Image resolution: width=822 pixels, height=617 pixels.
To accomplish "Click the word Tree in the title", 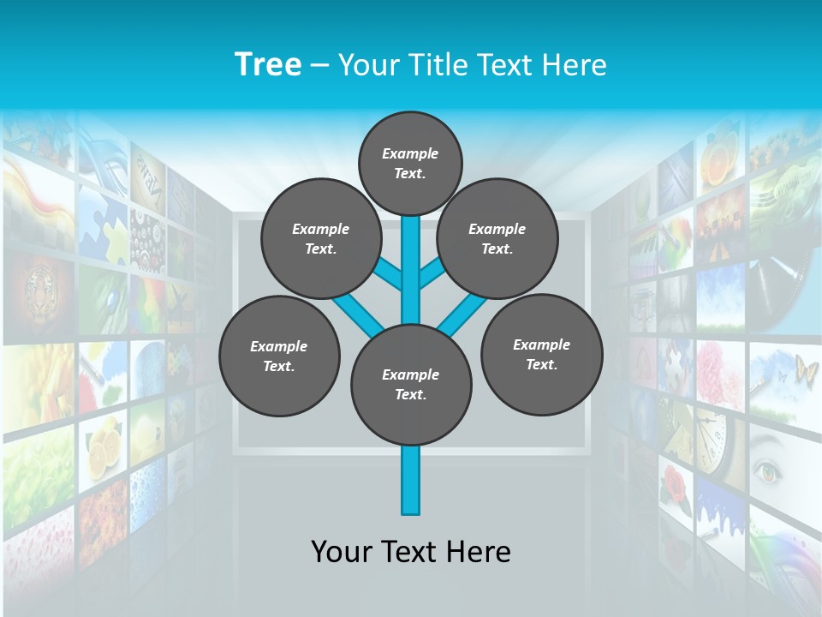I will (268, 64).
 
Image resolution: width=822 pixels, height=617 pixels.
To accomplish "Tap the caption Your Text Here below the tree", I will (411, 552).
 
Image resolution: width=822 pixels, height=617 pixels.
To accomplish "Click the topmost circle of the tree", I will (410, 163).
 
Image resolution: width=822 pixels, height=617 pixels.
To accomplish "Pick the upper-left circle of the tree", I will (320, 238).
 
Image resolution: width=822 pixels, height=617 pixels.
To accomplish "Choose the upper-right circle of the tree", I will (497, 238).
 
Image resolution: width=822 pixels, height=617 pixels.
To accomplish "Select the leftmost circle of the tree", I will (279, 356).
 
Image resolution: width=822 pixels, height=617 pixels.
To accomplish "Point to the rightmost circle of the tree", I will (541, 354).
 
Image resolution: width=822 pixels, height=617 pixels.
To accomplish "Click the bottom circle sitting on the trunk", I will (411, 384).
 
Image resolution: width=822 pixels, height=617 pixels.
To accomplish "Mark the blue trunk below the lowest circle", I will (411, 480).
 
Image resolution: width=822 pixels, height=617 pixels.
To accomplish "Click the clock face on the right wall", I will (712, 433).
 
